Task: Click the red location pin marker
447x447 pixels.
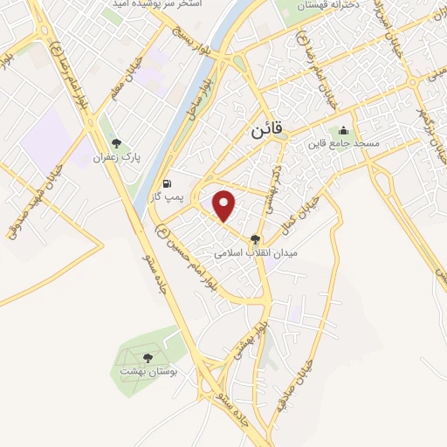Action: pos(225,204)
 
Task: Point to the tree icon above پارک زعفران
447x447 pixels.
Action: pos(116,144)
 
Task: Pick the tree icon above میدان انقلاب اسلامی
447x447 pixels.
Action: pos(256,237)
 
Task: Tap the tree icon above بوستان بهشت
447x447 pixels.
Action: pos(148,356)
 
